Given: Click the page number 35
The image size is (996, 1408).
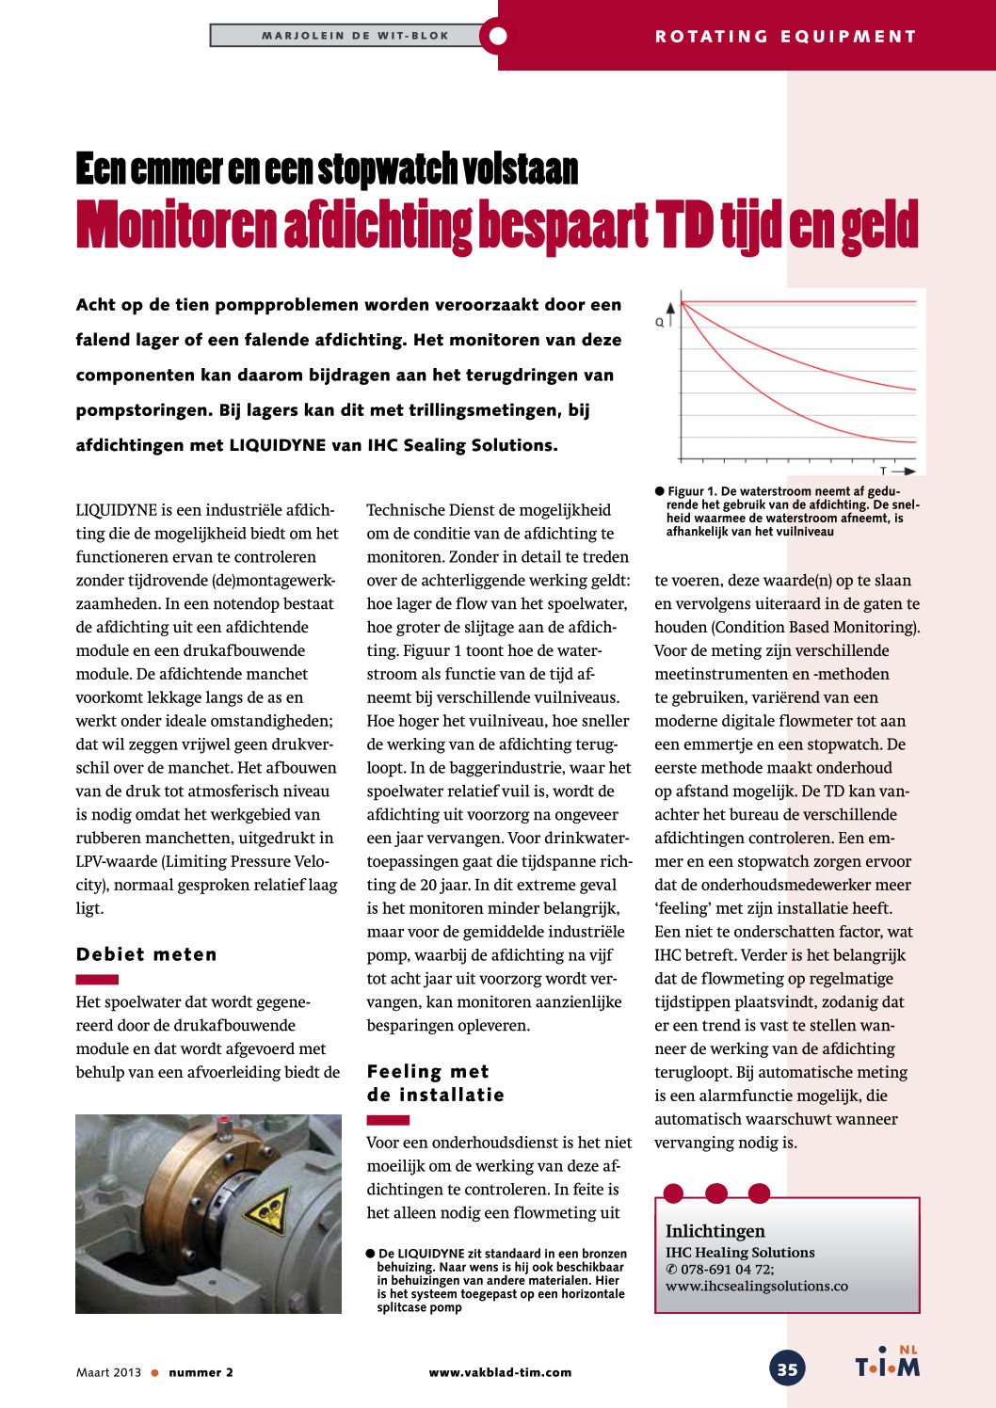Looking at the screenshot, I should [x=787, y=1368].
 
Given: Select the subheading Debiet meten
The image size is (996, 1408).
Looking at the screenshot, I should [x=147, y=954].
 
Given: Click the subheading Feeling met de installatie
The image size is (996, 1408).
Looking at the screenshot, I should [x=435, y=1083].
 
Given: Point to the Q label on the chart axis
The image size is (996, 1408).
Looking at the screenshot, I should [x=659, y=322].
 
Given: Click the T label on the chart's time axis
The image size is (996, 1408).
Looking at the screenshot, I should [x=883, y=470].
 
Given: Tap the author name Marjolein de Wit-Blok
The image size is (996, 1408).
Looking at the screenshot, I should [x=355, y=36].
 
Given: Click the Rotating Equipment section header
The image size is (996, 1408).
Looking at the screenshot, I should [x=785, y=37].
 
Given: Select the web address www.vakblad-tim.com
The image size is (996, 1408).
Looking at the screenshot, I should [x=500, y=1372].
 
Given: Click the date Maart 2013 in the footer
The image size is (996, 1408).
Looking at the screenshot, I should [x=108, y=1372].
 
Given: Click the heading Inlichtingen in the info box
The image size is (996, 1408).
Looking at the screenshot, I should [x=715, y=1231].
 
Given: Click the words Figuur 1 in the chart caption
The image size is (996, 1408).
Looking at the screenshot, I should [x=693, y=491].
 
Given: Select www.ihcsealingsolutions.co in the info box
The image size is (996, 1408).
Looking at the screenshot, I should [x=757, y=1286].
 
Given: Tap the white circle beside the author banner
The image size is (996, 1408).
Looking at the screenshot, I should [x=498, y=37].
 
